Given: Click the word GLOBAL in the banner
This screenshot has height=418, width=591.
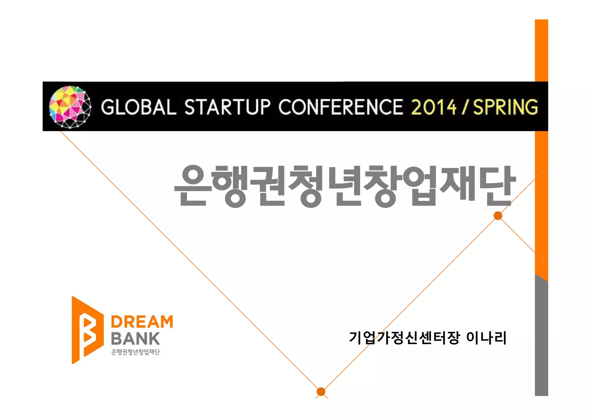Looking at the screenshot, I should (x=139, y=107).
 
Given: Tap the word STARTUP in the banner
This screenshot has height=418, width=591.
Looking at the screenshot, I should (x=227, y=107).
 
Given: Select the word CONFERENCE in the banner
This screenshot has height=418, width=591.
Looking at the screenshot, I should (x=341, y=107).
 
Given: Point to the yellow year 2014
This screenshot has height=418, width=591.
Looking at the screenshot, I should (x=434, y=107).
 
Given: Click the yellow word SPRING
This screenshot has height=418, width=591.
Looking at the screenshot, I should (x=506, y=107).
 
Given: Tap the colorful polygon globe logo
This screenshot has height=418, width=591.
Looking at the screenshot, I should (x=70, y=107).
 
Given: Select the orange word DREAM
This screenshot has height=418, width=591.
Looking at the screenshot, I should (x=142, y=322).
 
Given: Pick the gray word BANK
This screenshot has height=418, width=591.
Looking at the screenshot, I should (x=135, y=339).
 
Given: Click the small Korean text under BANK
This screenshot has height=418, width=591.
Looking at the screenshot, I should (x=135, y=352).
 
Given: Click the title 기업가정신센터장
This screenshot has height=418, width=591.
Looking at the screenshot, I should (x=404, y=338).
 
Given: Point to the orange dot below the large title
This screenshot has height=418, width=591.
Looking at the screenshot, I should (x=498, y=215).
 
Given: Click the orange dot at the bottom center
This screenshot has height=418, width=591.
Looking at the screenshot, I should (x=321, y=391).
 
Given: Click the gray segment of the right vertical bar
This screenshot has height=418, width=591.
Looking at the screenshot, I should (x=541, y=338).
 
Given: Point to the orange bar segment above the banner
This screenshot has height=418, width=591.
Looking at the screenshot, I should (x=541, y=50).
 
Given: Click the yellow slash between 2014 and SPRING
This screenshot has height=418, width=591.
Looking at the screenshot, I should (x=464, y=107).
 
